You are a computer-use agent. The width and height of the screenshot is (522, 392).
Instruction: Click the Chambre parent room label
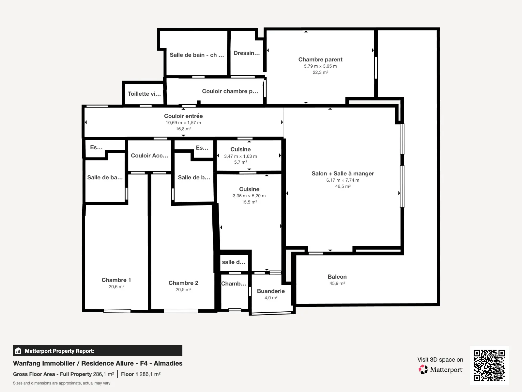(320, 59)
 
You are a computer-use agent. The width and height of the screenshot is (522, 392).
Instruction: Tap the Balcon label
(337, 277)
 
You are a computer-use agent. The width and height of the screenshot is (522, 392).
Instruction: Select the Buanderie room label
(271, 291)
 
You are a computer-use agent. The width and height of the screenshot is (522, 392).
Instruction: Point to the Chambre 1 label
(116, 280)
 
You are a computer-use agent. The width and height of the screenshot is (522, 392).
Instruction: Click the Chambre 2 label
(183, 283)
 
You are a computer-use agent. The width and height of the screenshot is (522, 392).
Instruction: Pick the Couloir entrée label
(183, 116)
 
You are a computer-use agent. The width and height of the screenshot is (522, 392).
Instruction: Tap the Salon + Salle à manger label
(343, 173)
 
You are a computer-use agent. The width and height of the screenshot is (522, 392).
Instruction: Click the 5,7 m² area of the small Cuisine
(240, 162)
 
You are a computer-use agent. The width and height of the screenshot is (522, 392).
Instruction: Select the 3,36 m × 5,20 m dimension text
(249, 196)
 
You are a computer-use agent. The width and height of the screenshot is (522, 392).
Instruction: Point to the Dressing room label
(247, 53)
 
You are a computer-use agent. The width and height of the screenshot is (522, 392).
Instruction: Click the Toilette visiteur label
(144, 94)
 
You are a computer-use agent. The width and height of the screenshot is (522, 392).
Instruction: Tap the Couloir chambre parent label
(230, 91)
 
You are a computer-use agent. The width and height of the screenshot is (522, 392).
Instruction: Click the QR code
(489, 365)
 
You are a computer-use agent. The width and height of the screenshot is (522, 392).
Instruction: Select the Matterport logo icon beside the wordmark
(423, 369)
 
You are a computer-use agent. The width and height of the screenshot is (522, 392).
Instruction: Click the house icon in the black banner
(18, 351)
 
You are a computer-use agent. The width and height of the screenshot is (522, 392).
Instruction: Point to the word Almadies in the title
(168, 363)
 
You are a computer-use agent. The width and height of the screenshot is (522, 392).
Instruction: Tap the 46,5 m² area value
(343, 186)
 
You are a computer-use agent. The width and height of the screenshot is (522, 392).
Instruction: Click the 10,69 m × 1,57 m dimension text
(183, 122)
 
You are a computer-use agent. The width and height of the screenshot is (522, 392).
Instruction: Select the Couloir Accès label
(149, 155)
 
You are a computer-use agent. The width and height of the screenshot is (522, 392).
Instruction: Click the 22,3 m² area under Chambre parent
(320, 72)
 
